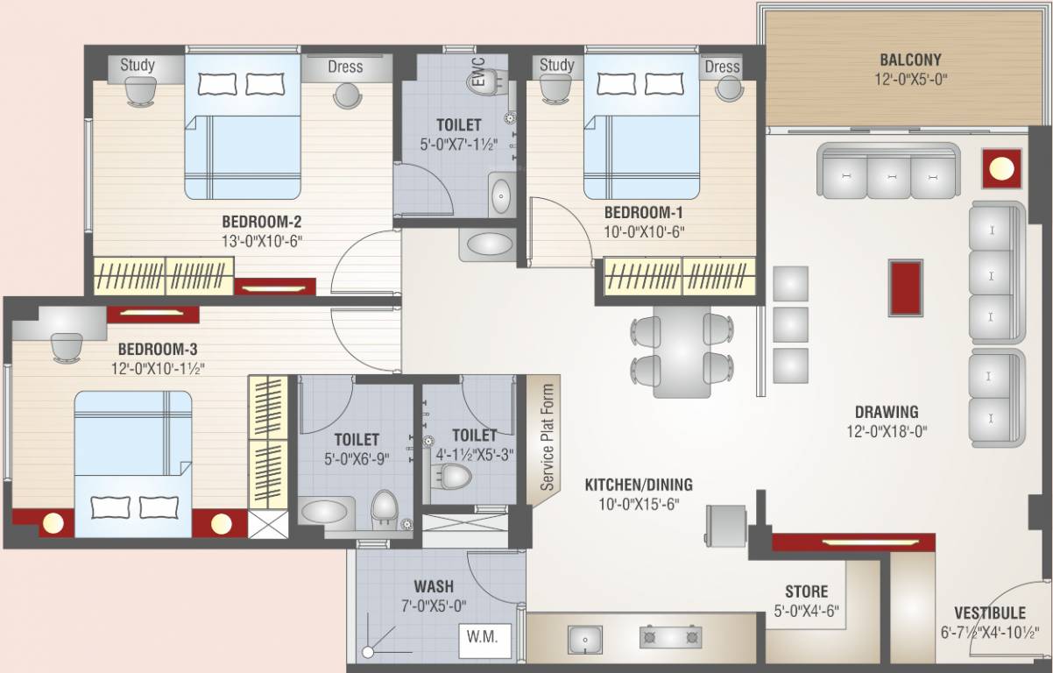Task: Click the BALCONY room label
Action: click(910, 60)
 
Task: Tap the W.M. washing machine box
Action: click(482, 638)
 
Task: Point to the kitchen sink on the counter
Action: click(583, 639)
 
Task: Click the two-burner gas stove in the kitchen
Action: click(672, 637)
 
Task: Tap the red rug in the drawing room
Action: click(905, 287)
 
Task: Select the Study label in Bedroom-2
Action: click(137, 65)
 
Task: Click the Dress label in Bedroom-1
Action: click(722, 67)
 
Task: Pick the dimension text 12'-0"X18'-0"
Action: click(887, 431)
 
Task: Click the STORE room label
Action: click(806, 592)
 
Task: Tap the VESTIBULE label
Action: click(989, 613)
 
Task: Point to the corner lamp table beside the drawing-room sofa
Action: click(1002, 167)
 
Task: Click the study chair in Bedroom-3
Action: click(67, 346)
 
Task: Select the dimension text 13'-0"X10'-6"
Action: click(262, 241)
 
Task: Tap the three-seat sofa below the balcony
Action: click(888, 173)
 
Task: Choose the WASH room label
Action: click(434, 586)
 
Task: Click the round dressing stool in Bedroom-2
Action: click(345, 95)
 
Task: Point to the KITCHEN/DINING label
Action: click(638, 485)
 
